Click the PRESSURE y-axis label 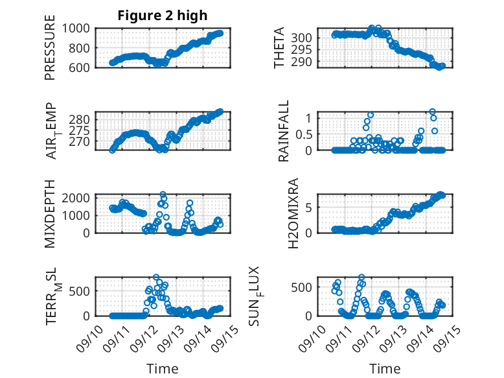tap(50, 52)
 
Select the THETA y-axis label tap(279, 48)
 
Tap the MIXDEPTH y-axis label tap(50, 213)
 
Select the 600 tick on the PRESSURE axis tap(82, 67)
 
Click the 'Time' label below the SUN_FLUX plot tap(385, 369)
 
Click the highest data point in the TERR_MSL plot tap(156, 278)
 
